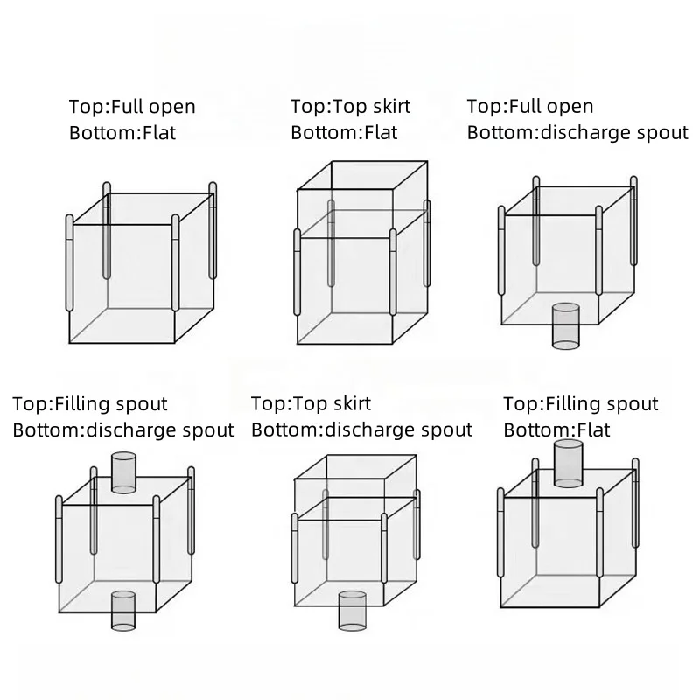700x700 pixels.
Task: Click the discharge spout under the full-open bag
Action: [566, 325]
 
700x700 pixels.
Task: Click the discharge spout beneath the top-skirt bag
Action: [352, 610]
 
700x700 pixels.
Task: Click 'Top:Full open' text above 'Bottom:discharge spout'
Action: [530, 107]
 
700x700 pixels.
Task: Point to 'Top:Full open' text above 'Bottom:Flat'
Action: [132, 108]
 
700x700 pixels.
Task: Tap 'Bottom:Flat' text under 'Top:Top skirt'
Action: [344, 133]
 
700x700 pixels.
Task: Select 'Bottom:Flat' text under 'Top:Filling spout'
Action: [556, 430]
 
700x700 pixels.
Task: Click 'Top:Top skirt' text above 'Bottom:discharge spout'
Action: [311, 403]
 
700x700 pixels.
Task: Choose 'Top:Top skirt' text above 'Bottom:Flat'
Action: [350, 107]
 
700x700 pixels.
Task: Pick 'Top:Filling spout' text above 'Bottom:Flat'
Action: [580, 404]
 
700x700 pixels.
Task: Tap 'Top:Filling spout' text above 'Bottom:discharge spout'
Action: [89, 404]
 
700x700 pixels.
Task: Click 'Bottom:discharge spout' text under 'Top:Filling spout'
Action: [123, 430]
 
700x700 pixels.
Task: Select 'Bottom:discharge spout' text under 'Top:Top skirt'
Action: [361, 430]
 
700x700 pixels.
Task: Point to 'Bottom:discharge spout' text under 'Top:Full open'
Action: [577, 133]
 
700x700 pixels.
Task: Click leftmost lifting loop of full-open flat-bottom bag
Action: [69, 262]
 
